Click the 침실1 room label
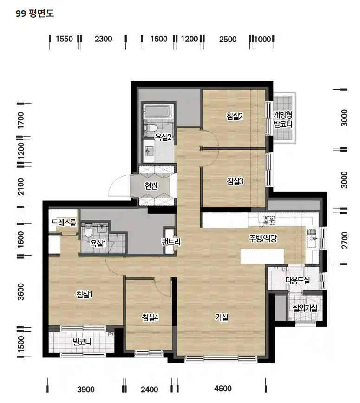pos(84,294)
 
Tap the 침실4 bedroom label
pos(150,317)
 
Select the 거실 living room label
pos(222,317)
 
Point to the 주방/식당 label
pos(263,238)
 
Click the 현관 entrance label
pos(151,185)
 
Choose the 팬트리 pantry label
pos(171,242)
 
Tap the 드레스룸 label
pos(64,223)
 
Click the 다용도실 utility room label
pos(298,280)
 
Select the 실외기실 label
pos(305,308)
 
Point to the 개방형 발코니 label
pos(283,119)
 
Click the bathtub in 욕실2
pos(157,112)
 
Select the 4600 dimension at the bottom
pos(223,388)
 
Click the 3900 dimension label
pos(86,390)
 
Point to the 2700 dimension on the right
pos(344,240)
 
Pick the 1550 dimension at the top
pos(65,39)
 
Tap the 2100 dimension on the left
pos(20,186)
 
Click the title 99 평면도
pos(35,13)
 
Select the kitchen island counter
pos(262,256)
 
